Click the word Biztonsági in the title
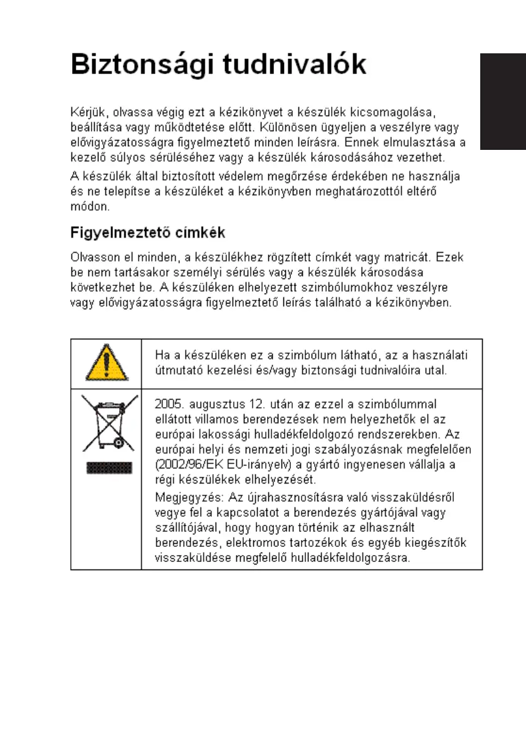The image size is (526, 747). click(142, 66)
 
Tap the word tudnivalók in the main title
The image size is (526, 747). click(295, 66)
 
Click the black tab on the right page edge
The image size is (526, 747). click(503, 102)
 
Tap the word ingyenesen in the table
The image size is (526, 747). click(381, 465)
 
